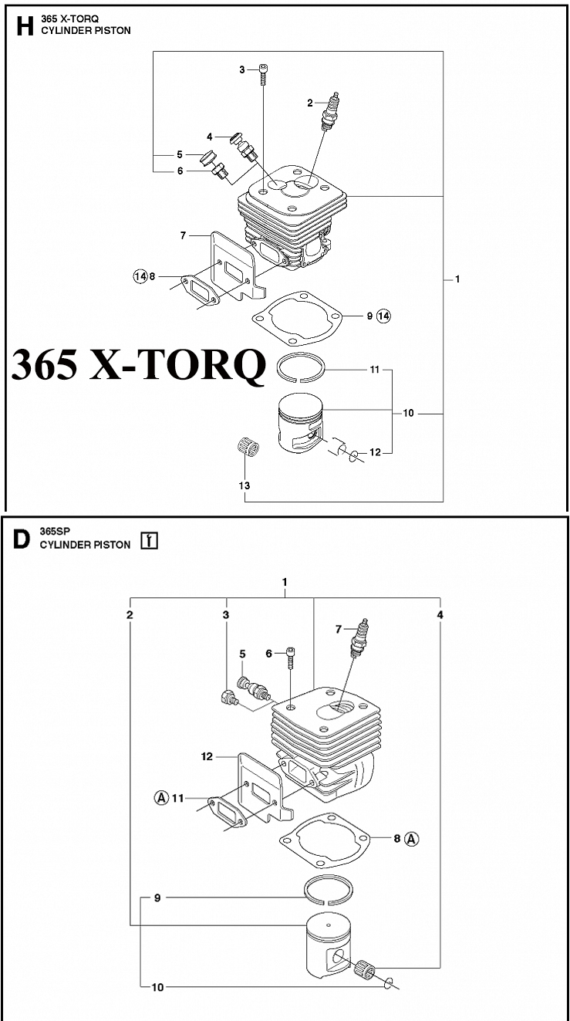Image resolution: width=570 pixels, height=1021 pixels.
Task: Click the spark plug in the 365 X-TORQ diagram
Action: tap(331, 111)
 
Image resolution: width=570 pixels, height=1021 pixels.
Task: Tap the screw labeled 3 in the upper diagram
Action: tap(263, 74)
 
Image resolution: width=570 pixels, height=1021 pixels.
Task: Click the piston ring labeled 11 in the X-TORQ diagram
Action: tap(302, 367)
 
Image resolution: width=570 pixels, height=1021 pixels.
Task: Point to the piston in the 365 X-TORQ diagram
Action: tap(300, 423)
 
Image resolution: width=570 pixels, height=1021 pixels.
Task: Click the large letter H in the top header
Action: tap(25, 25)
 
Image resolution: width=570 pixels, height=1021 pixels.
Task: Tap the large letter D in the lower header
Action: tap(22, 539)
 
